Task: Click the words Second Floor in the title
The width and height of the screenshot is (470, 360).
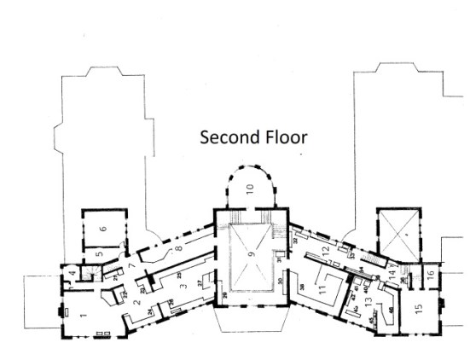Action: pyautogui.click(x=252, y=136)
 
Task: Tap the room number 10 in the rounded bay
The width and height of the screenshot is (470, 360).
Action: pyautogui.click(x=251, y=190)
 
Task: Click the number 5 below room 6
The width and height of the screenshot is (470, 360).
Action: pyautogui.click(x=99, y=253)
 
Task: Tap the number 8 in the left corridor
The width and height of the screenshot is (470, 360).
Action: pyautogui.click(x=177, y=249)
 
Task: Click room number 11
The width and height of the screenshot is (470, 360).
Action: pyautogui.click(x=322, y=290)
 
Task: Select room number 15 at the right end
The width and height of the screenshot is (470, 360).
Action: pyautogui.click(x=418, y=309)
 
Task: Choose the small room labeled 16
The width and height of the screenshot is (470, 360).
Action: pyautogui.click(x=429, y=274)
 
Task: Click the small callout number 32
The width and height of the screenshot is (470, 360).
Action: pyautogui.click(x=296, y=241)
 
